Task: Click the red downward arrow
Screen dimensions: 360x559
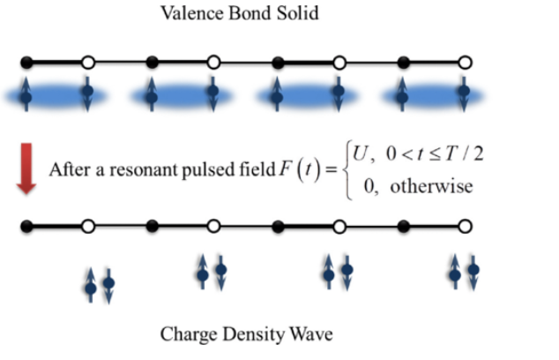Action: pyautogui.click(x=26, y=171)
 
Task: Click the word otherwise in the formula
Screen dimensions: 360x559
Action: pyautogui.click(x=424, y=186)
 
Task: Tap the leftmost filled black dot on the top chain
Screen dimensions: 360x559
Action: pyautogui.click(x=26, y=63)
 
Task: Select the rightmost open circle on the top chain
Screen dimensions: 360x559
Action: pyautogui.click(x=466, y=63)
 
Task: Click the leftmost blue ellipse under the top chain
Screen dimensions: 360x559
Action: pyautogui.click(x=57, y=94)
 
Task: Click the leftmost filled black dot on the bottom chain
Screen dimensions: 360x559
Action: pyautogui.click(x=26, y=227)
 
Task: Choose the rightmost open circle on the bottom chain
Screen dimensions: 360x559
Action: pyautogui.click(x=466, y=227)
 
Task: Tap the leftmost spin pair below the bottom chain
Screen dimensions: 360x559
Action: pyautogui.click(x=99, y=284)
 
